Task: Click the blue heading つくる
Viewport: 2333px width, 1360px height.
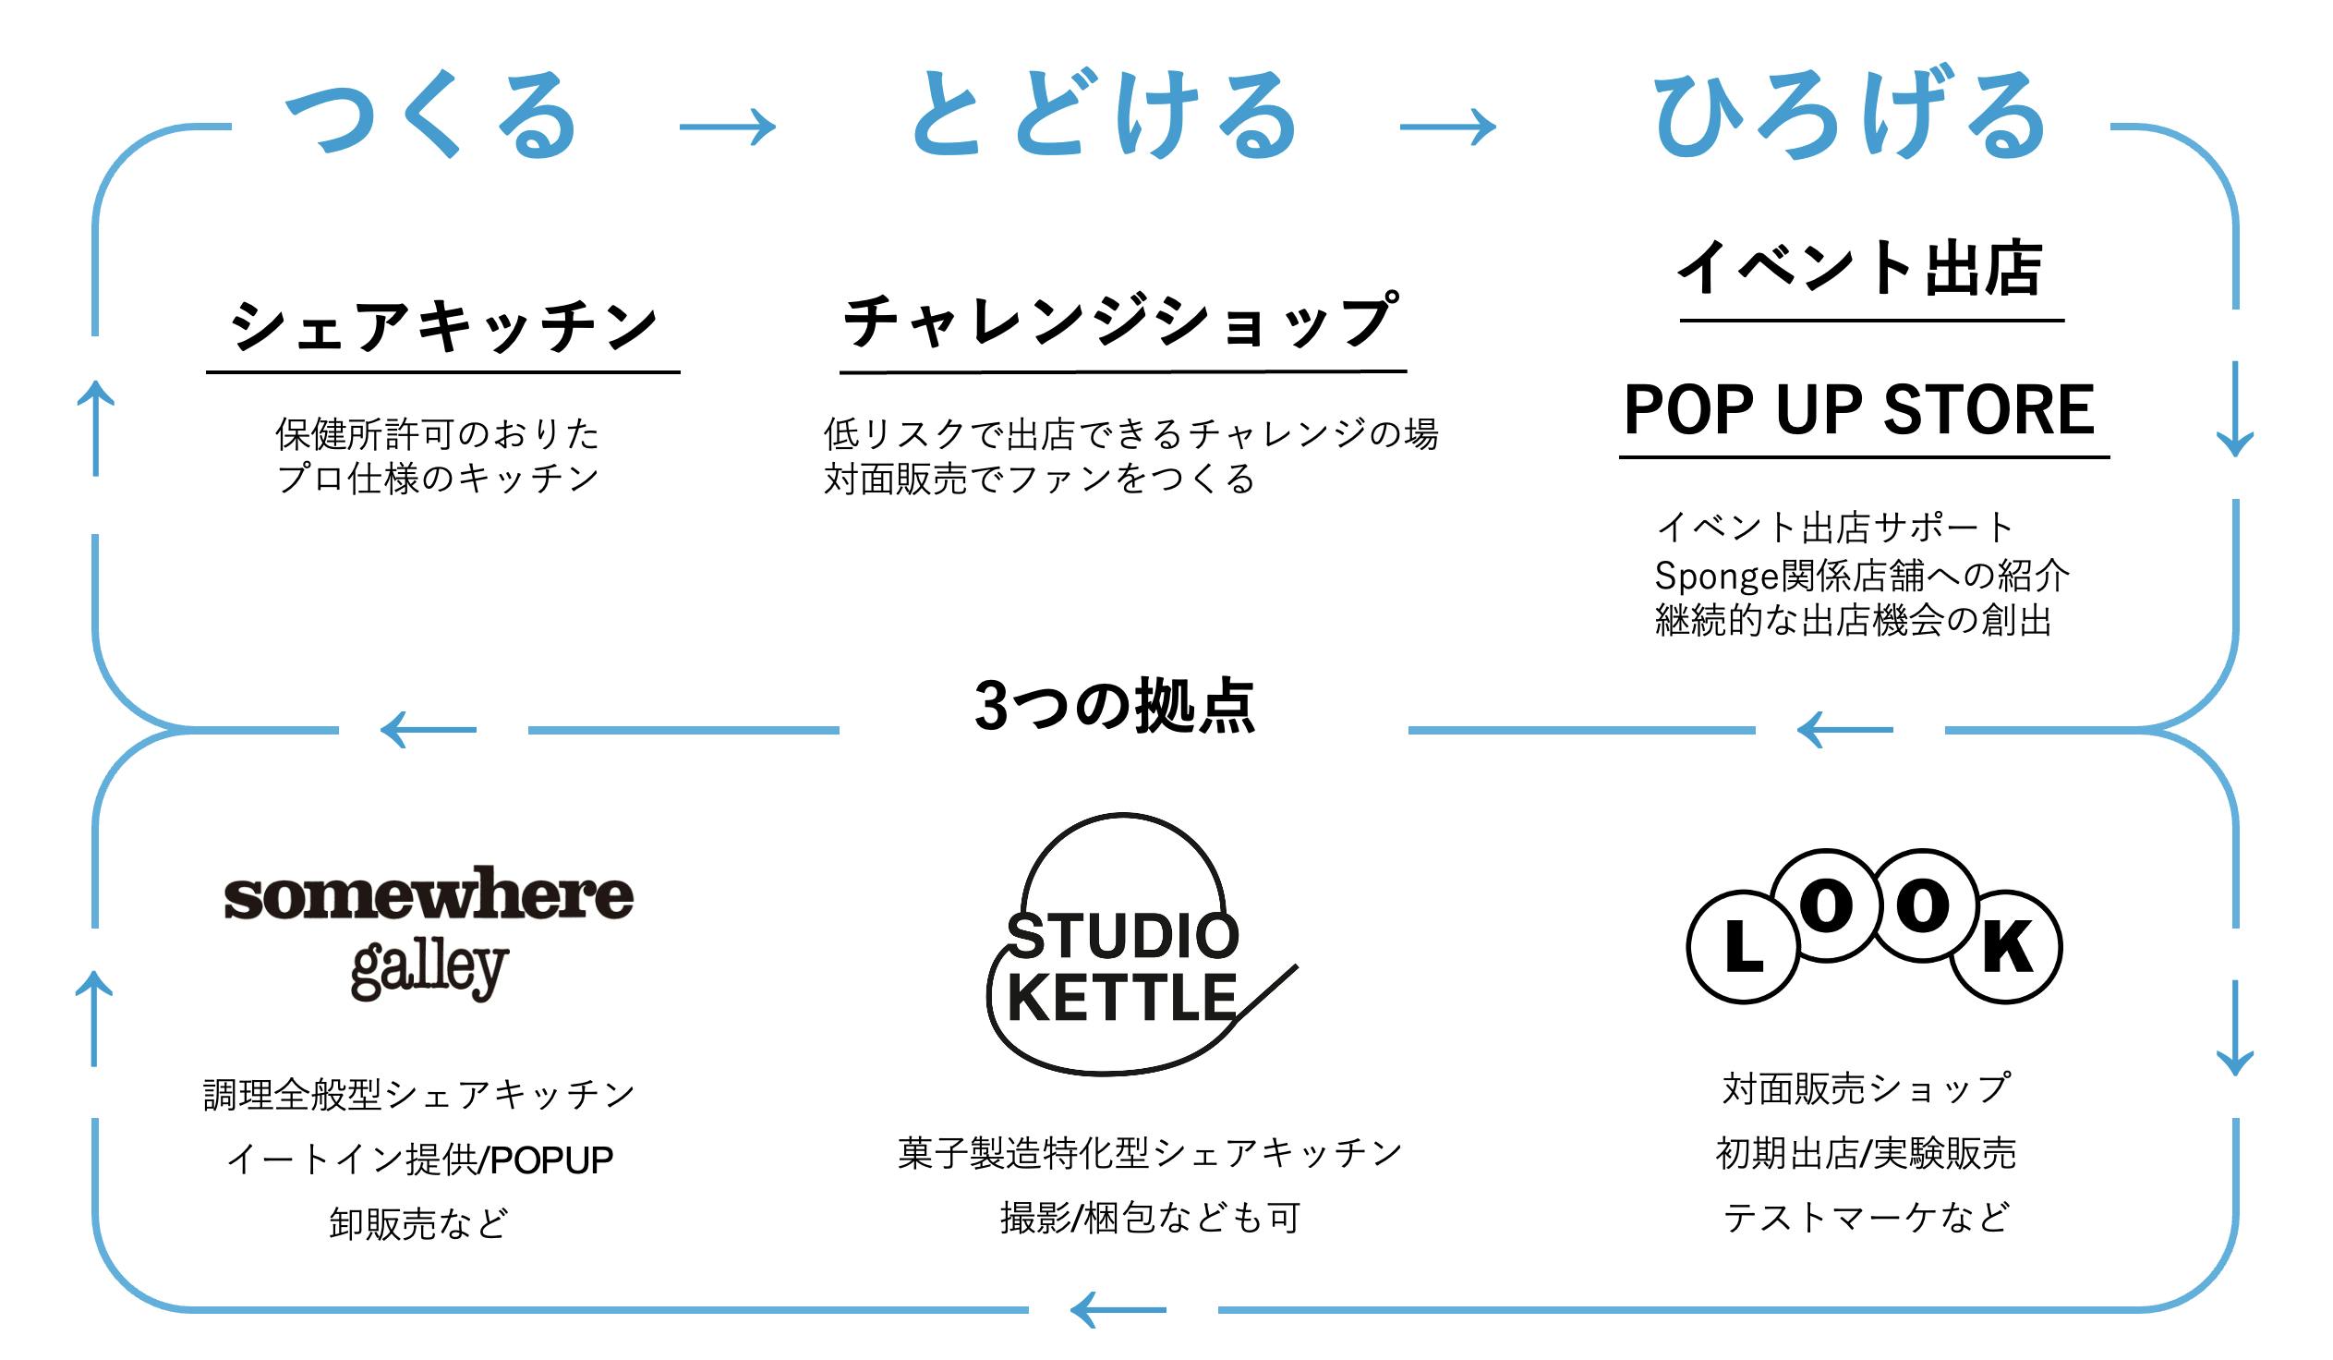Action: [x=431, y=115]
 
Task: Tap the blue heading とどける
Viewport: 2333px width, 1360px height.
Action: [x=1105, y=115]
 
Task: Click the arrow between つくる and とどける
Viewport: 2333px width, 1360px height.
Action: [x=728, y=127]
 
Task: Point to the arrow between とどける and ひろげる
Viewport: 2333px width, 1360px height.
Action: [x=1447, y=127]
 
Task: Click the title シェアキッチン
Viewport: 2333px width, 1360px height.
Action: [x=443, y=327]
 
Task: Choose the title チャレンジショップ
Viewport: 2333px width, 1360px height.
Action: [x=1121, y=322]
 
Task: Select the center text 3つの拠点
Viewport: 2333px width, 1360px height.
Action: [x=1115, y=707]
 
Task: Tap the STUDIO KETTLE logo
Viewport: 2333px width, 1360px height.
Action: [x=1123, y=967]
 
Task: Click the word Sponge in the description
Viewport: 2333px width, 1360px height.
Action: [x=1714, y=577]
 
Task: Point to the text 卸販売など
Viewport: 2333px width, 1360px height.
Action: [x=418, y=1224]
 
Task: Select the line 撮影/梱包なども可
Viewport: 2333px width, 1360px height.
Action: [x=1150, y=1219]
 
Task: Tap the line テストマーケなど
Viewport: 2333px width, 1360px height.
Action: [x=1866, y=1218]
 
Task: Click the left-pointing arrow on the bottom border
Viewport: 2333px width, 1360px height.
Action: [x=1118, y=1310]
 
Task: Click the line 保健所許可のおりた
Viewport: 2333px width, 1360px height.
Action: [x=437, y=433]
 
